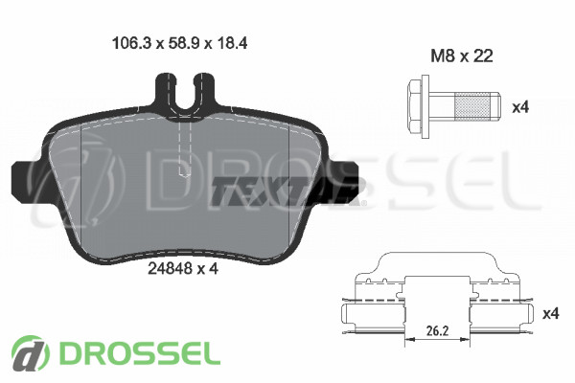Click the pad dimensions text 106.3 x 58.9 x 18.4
click(180, 43)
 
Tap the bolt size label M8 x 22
click(462, 56)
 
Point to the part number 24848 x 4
click(183, 269)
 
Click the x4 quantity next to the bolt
click(520, 107)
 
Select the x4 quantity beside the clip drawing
click(551, 314)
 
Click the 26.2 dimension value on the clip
click(437, 331)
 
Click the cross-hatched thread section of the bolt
click(472, 107)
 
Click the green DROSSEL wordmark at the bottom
click(140, 353)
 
